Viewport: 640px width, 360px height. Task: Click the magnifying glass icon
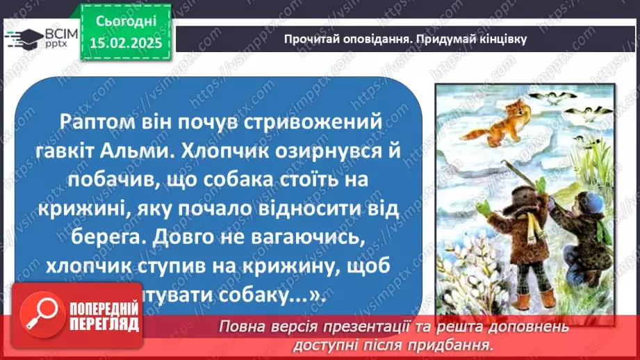coord(40,315)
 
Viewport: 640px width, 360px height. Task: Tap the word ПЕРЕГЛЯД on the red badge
coord(102,325)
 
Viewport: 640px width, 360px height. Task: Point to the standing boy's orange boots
coord(535,297)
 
